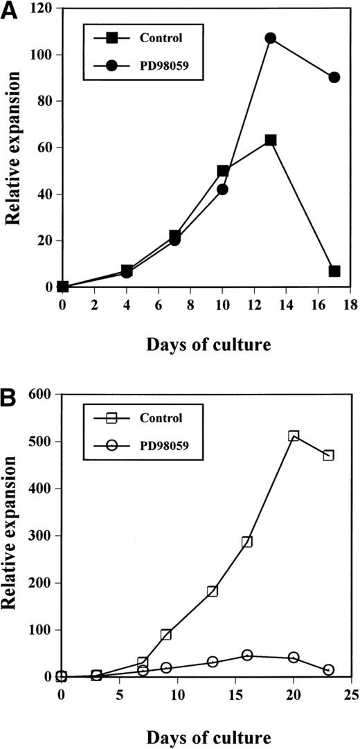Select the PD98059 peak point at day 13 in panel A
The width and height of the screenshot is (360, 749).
(x=270, y=38)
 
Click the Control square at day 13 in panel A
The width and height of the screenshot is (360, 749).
(x=270, y=140)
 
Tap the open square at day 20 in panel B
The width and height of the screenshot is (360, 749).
(x=294, y=436)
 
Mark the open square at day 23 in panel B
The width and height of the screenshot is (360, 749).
(x=328, y=455)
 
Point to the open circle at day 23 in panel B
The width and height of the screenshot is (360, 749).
(x=328, y=669)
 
